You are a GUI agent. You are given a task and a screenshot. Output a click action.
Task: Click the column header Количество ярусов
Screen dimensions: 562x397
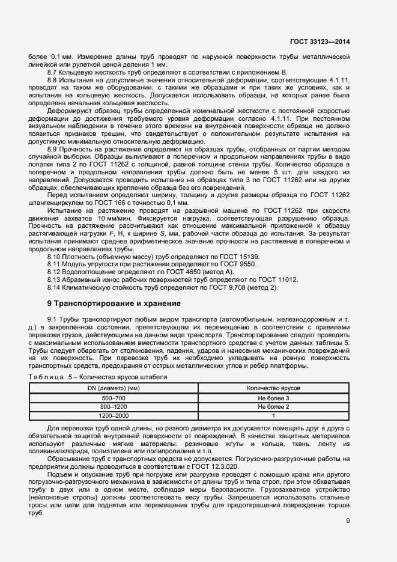(273, 389)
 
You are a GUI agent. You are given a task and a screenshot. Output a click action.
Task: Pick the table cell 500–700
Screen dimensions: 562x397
(114, 398)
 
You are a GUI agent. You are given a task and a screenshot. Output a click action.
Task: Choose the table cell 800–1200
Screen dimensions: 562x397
(114, 406)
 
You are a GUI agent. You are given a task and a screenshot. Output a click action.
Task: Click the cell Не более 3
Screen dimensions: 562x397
(273, 398)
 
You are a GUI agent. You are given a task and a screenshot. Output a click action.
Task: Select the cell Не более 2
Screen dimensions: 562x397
(273, 406)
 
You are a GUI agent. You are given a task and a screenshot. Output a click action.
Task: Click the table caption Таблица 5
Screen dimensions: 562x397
(50, 377)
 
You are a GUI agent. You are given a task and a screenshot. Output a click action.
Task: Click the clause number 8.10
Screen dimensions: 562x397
(53, 256)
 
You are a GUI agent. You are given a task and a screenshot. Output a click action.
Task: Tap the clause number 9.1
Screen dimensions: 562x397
(52, 319)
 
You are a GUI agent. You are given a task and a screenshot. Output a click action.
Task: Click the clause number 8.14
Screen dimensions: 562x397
(53, 287)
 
